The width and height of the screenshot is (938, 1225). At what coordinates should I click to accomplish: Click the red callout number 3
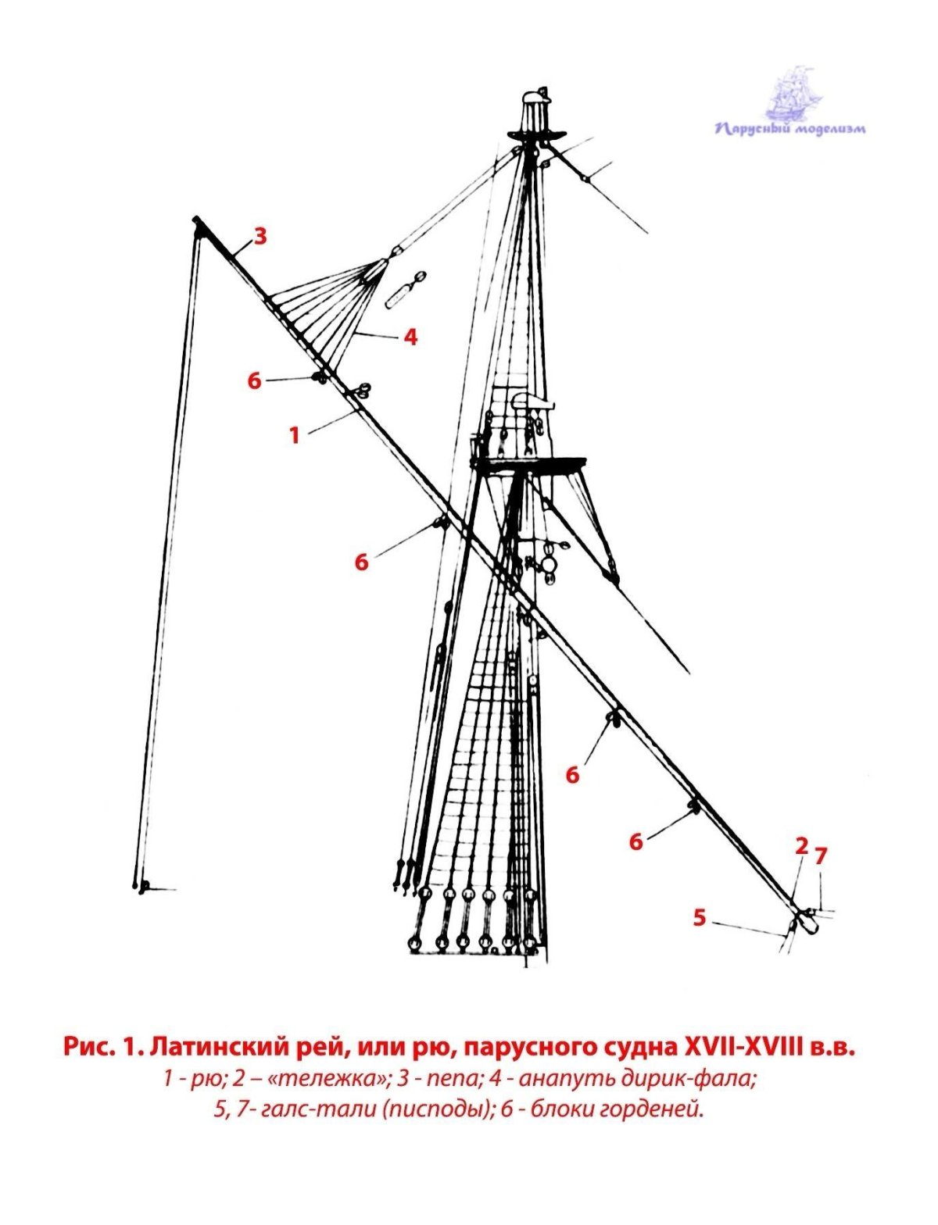coord(260,236)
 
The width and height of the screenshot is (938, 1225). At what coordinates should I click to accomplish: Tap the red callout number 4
coord(410,337)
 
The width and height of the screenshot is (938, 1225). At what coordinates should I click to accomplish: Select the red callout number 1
coord(295,435)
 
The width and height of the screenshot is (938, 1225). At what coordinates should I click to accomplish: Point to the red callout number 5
coord(700,917)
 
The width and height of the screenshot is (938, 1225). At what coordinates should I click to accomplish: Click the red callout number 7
coord(820,856)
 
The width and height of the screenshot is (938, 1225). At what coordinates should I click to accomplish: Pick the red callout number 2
coord(800,845)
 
